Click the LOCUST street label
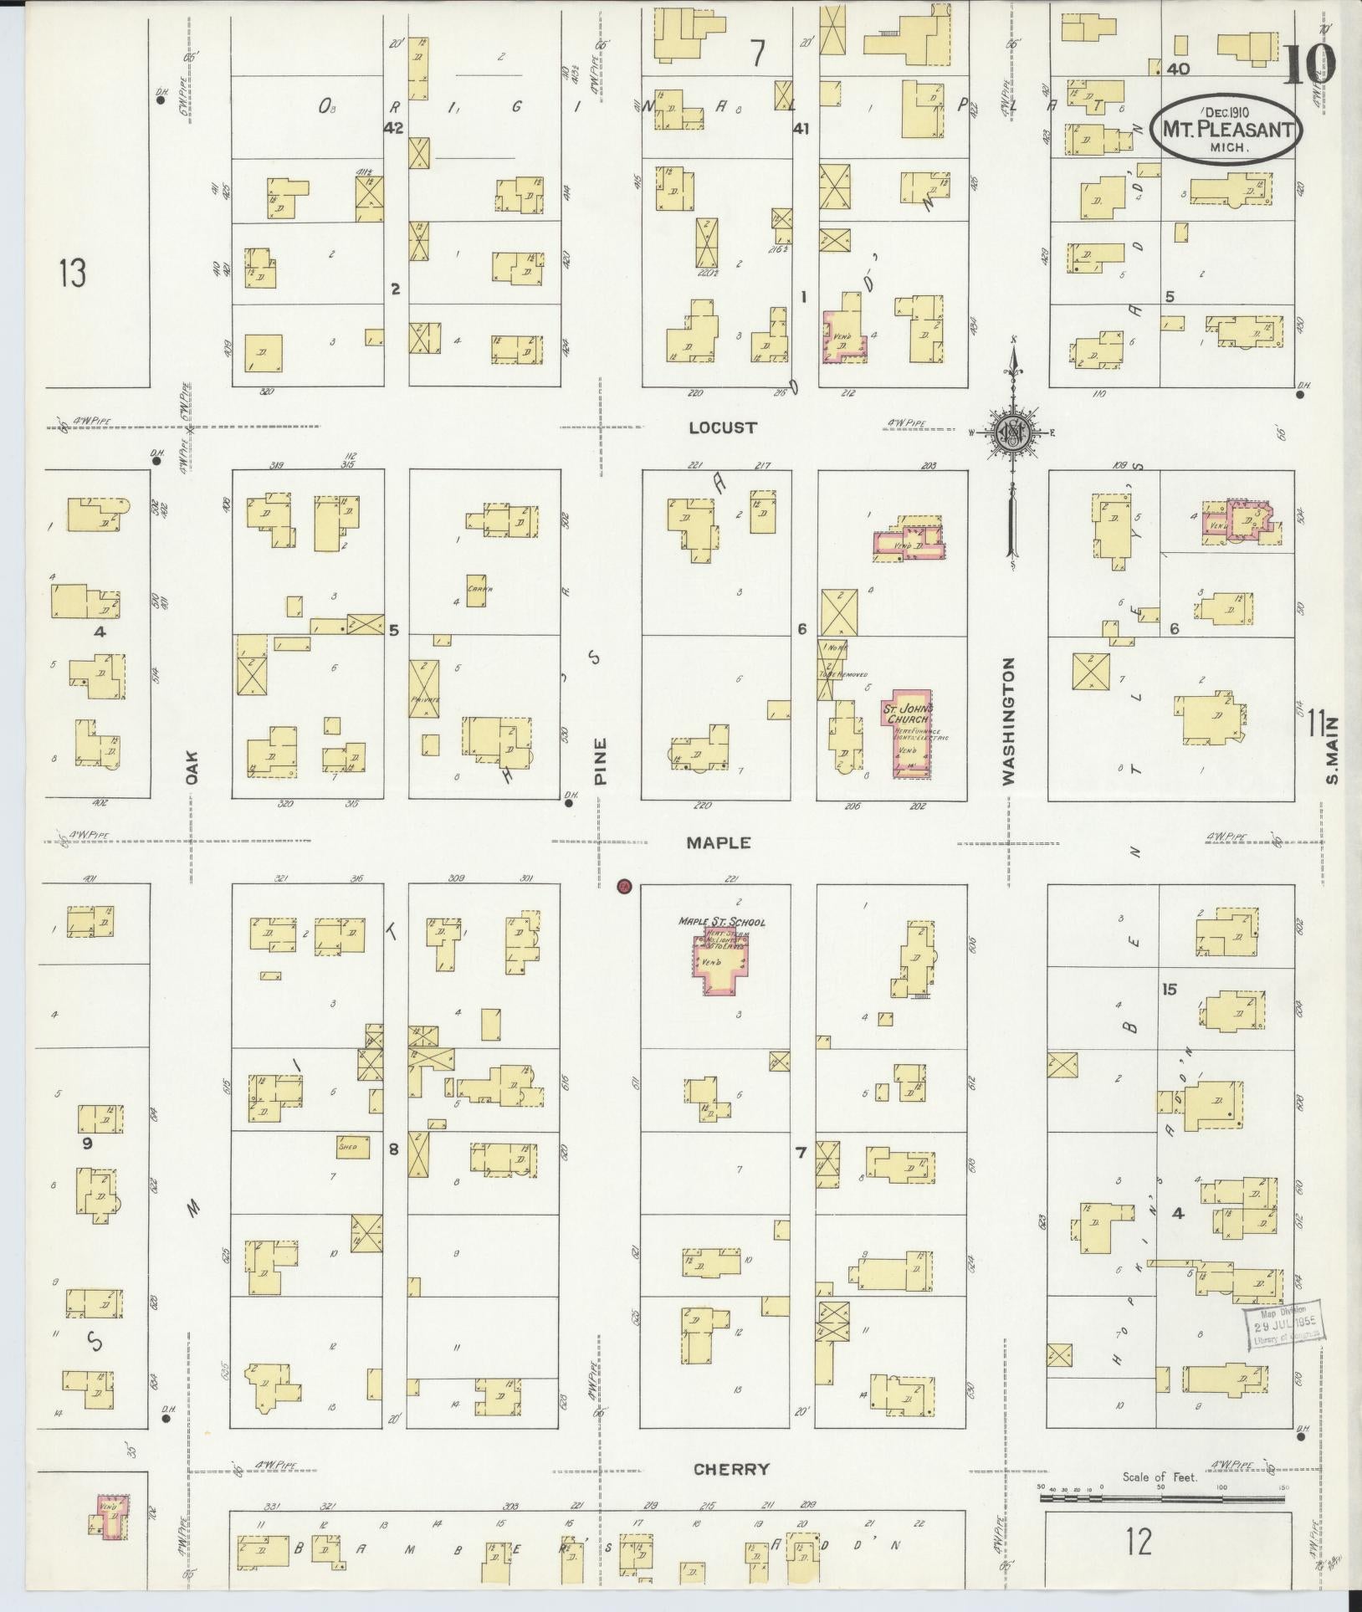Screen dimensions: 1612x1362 coord(723,427)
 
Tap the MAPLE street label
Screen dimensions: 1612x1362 coord(718,842)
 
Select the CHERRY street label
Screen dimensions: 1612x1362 coord(731,1469)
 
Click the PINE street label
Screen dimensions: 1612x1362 coord(600,760)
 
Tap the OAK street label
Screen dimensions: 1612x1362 coord(192,765)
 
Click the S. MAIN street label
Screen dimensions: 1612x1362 coord(1332,750)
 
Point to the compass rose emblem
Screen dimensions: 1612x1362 coord(1014,432)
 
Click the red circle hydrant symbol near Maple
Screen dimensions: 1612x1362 coord(623,887)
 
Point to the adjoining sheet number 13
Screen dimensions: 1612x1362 coord(73,273)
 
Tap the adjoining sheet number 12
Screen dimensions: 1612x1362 coord(1139,1540)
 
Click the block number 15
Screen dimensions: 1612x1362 coord(1169,990)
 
